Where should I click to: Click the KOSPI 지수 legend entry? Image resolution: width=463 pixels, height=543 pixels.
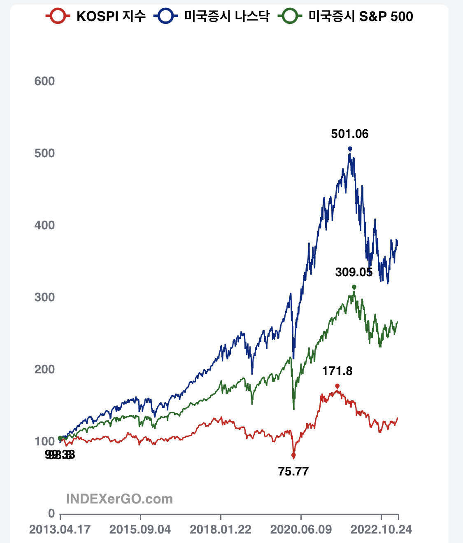coord(95,16)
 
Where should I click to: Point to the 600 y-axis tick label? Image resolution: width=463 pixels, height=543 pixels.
coord(44,81)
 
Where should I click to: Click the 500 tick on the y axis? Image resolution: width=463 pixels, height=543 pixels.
coord(44,153)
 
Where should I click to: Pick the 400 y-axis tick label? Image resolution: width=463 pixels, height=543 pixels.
coord(44,225)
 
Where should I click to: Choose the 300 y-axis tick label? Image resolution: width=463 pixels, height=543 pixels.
coord(44,297)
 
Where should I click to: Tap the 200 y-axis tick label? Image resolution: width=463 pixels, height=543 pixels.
coord(44,369)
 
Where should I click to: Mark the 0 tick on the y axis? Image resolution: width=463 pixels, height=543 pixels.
coord(51,513)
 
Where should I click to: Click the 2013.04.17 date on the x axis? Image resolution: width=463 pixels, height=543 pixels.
coord(60,529)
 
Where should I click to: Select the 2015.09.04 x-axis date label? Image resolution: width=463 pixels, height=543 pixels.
coord(140,529)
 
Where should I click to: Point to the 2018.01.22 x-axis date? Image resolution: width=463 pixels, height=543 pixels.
coord(221,529)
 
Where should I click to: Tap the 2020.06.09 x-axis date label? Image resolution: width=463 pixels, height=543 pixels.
coord(301,529)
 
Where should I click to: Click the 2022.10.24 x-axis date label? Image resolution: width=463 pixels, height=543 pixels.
coord(381,529)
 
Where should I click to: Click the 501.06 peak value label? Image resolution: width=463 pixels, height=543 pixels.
coord(350,134)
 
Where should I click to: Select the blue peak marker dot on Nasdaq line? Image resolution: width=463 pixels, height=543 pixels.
coord(350,149)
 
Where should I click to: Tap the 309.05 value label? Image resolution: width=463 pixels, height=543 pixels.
coord(354,272)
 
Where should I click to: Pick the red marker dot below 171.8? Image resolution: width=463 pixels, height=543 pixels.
coord(337,386)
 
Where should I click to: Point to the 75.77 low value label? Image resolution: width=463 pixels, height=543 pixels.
coord(293,471)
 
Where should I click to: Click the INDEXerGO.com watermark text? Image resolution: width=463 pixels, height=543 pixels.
coord(119,499)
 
